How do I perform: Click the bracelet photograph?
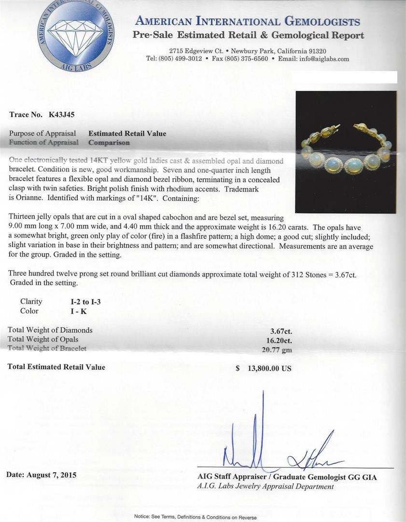click(x=346, y=152)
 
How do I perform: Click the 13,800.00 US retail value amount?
click(x=269, y=368)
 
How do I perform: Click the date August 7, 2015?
click(x=42, y=475)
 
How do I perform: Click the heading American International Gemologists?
click(x=248, y=21)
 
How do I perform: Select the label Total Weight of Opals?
click(x=43, y=339)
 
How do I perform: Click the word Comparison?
click(x=109, y=143)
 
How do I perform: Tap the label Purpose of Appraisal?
click(x=42, y=133)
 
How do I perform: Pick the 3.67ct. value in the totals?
click(x=281, y=331)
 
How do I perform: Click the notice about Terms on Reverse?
click(x=195, y=517)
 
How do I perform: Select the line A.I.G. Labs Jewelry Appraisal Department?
click(x=266, y=486)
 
